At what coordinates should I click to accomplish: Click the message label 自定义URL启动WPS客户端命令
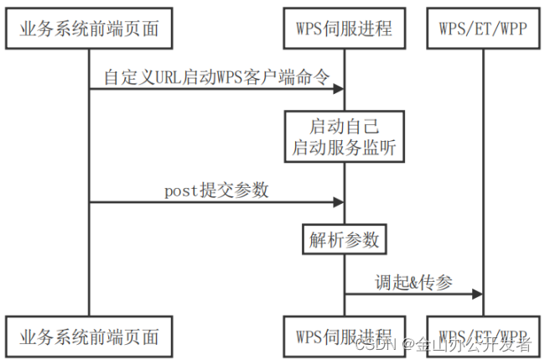215,76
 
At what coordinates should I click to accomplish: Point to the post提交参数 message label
216,190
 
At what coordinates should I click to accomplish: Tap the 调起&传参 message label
413,282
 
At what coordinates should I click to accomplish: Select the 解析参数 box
344,241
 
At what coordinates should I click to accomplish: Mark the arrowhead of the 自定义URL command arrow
339,87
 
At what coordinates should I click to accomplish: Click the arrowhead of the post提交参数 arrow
339,201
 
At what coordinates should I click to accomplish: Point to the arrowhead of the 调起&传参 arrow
478,295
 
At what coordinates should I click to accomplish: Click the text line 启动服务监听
344,148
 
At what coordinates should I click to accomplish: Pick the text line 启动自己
344,127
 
